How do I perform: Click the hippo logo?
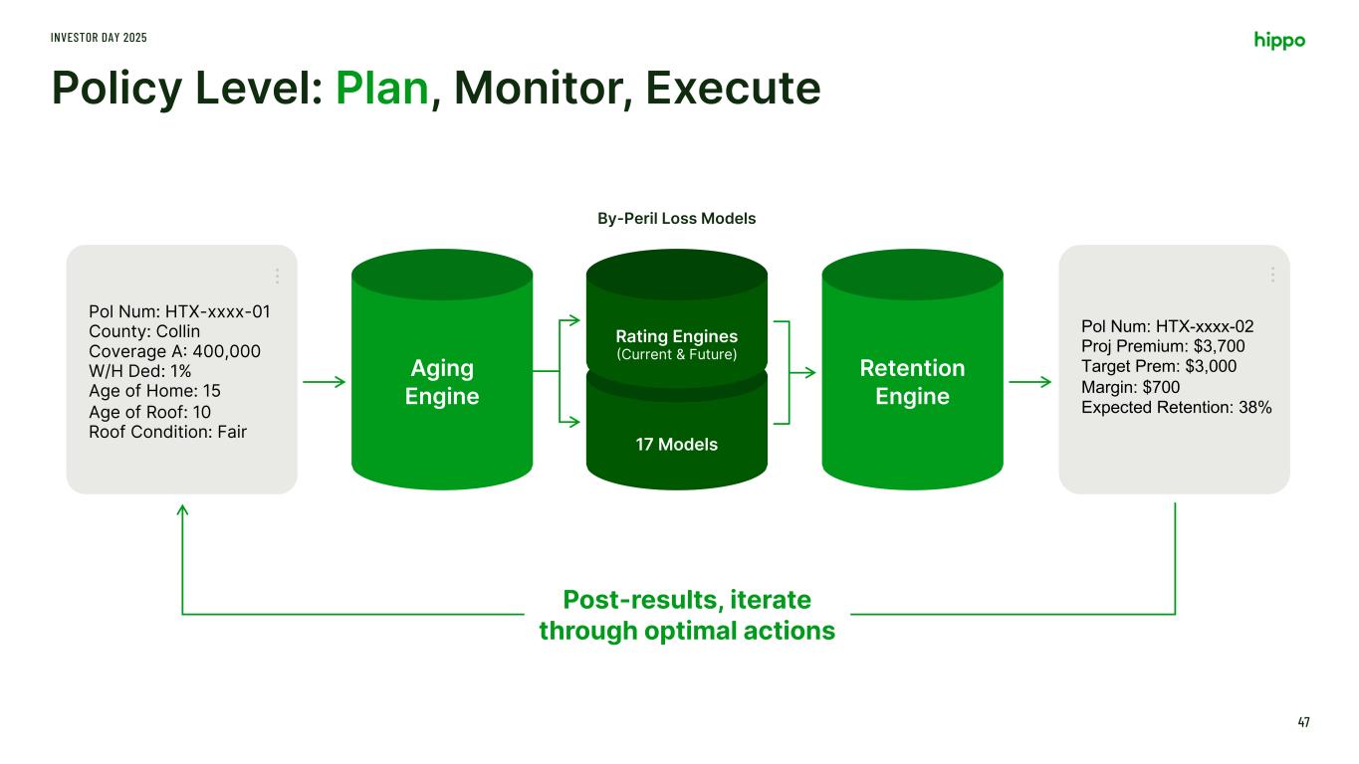[x=1278, y=40]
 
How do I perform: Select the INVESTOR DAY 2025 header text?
[x=99, y=37]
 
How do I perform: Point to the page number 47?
[x=1303, y=721]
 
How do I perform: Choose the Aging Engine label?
[x=441, y=382]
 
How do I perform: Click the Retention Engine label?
[x=912, y=382]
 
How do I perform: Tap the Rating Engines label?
[x=676, y=337]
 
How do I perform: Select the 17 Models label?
[x=676, y=444]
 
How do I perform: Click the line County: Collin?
[x=144, y=331]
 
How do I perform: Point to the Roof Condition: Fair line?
[x=167, y=432]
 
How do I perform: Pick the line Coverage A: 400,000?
[x=175, y=351]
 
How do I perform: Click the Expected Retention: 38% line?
[x=1176, y=407]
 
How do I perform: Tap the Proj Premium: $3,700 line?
[x=1163, y=346]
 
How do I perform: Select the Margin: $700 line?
[x=1129, y=387]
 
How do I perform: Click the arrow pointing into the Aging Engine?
[x=324, y=382]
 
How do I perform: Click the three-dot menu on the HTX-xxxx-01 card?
[x=277, y=276]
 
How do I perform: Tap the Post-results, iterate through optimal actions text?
[x=686, y=615]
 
